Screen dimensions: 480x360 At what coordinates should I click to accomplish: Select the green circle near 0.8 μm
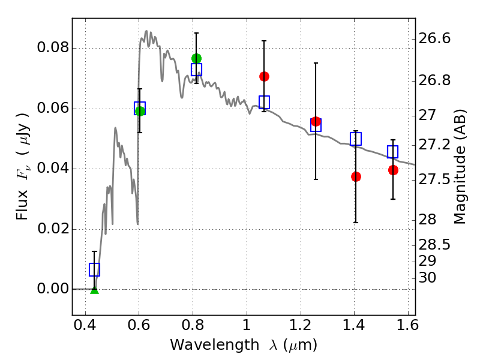[197, 58]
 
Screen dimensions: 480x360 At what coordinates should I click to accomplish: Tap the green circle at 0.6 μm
[140, 111]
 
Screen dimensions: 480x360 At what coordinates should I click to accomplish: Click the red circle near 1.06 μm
[264, 77]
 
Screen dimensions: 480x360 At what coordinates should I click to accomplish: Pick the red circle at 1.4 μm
[356, 176]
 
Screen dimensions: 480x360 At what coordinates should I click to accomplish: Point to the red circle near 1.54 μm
[394, 170]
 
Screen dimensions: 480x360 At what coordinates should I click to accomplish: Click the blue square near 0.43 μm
[94, 269]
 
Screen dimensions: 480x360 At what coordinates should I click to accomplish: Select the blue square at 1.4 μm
[356, 139]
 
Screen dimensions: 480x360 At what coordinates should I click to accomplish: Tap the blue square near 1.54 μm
[393, 152]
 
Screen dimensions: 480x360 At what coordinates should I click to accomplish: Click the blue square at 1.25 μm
[316, 125]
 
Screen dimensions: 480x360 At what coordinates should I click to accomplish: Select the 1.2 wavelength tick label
[301, 325]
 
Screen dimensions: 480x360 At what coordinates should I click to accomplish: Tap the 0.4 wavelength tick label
[85, 325]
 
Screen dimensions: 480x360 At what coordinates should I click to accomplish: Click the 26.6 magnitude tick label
[434, 39]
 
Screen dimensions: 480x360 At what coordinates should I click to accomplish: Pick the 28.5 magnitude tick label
[434, 245]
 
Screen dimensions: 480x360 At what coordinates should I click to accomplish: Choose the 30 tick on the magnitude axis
[427, 278]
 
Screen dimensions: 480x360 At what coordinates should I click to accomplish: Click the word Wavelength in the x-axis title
[215, 345]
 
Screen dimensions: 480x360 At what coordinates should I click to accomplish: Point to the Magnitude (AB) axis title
[459, 167]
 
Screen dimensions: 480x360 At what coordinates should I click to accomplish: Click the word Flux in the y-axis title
[22, 205]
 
